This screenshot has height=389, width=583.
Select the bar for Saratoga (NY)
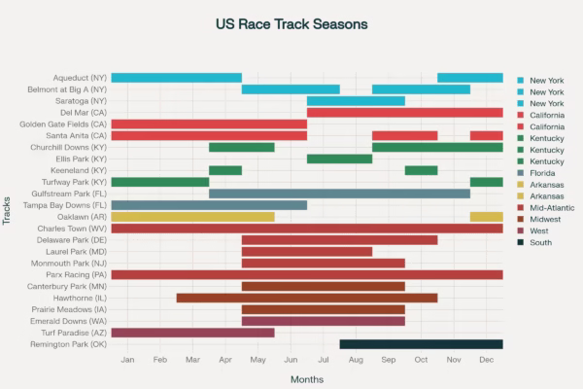click(x=356, y=101)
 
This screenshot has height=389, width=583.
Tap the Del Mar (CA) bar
click(x=404, y=113)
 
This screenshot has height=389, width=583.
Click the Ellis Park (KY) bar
click(x=339, y=159)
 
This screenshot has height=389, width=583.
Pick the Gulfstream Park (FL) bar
click(x=339, y=194)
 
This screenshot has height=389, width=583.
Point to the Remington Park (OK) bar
click(x=421, y=344)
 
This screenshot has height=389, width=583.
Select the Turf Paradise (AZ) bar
click(x=192, y=333)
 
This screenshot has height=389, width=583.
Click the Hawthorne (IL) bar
click(x=307, y=298)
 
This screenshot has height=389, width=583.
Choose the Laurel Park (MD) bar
click(x=307, y=251)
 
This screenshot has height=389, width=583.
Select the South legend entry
click(x=541, y=242)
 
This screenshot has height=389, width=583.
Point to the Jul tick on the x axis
click(x=324, y=361)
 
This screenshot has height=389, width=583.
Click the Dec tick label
click(x=486, y=361)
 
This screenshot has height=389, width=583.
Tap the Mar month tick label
click(x=192, y=361)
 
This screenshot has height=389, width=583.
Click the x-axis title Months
click(x=307, y=378)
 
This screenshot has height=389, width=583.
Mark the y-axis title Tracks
click(x=8, y=210)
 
